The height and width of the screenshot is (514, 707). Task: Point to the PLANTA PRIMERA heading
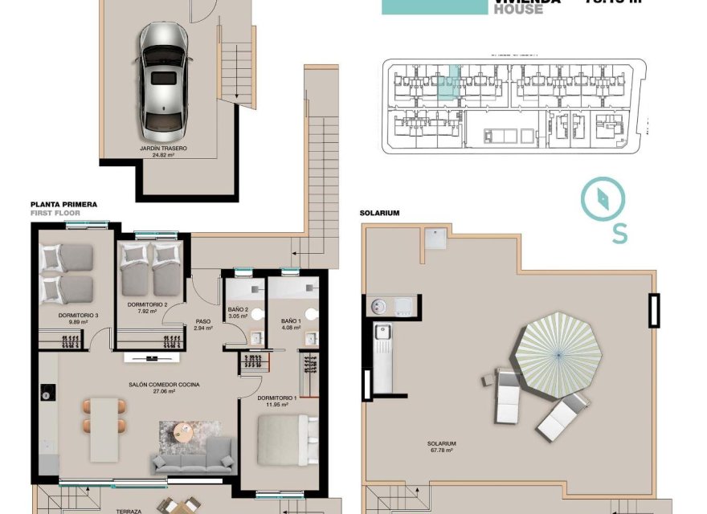point(63,205)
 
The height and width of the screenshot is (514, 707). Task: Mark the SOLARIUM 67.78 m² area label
point(442,447)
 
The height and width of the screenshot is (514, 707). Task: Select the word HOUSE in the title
point(518,10)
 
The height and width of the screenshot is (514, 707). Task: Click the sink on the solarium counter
point(382,330)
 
